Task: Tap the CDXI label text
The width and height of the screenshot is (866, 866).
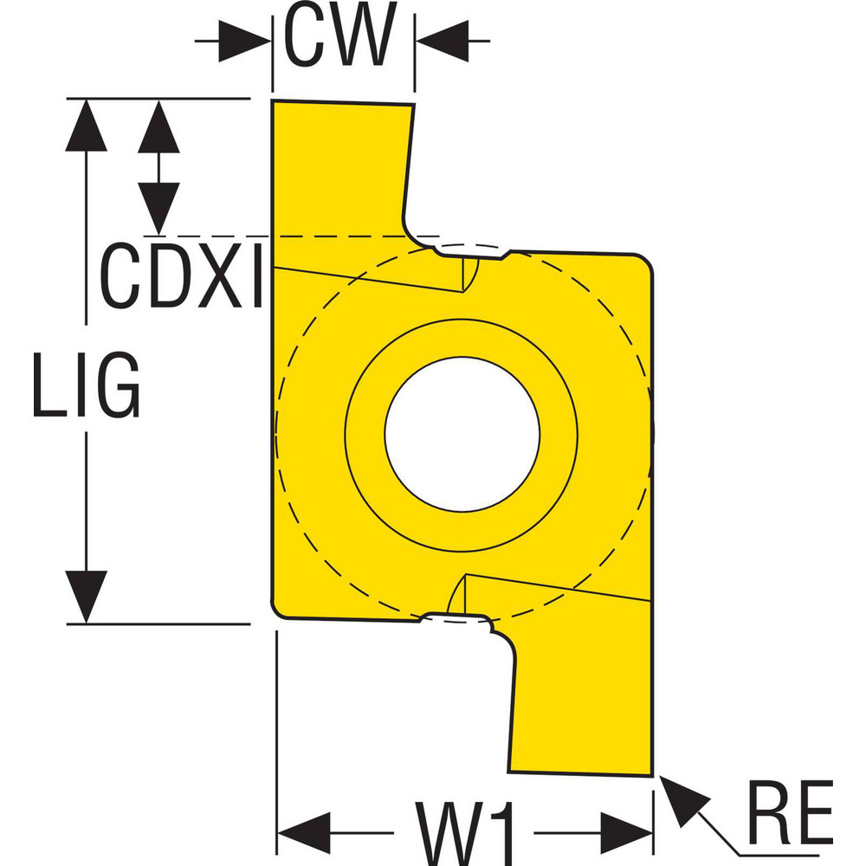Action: point(181,277)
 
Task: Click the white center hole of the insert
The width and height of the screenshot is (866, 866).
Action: point(462,433)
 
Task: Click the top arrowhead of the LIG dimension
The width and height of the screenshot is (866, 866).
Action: point(86,126)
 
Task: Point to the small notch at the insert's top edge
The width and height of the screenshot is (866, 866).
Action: point(472,251)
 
